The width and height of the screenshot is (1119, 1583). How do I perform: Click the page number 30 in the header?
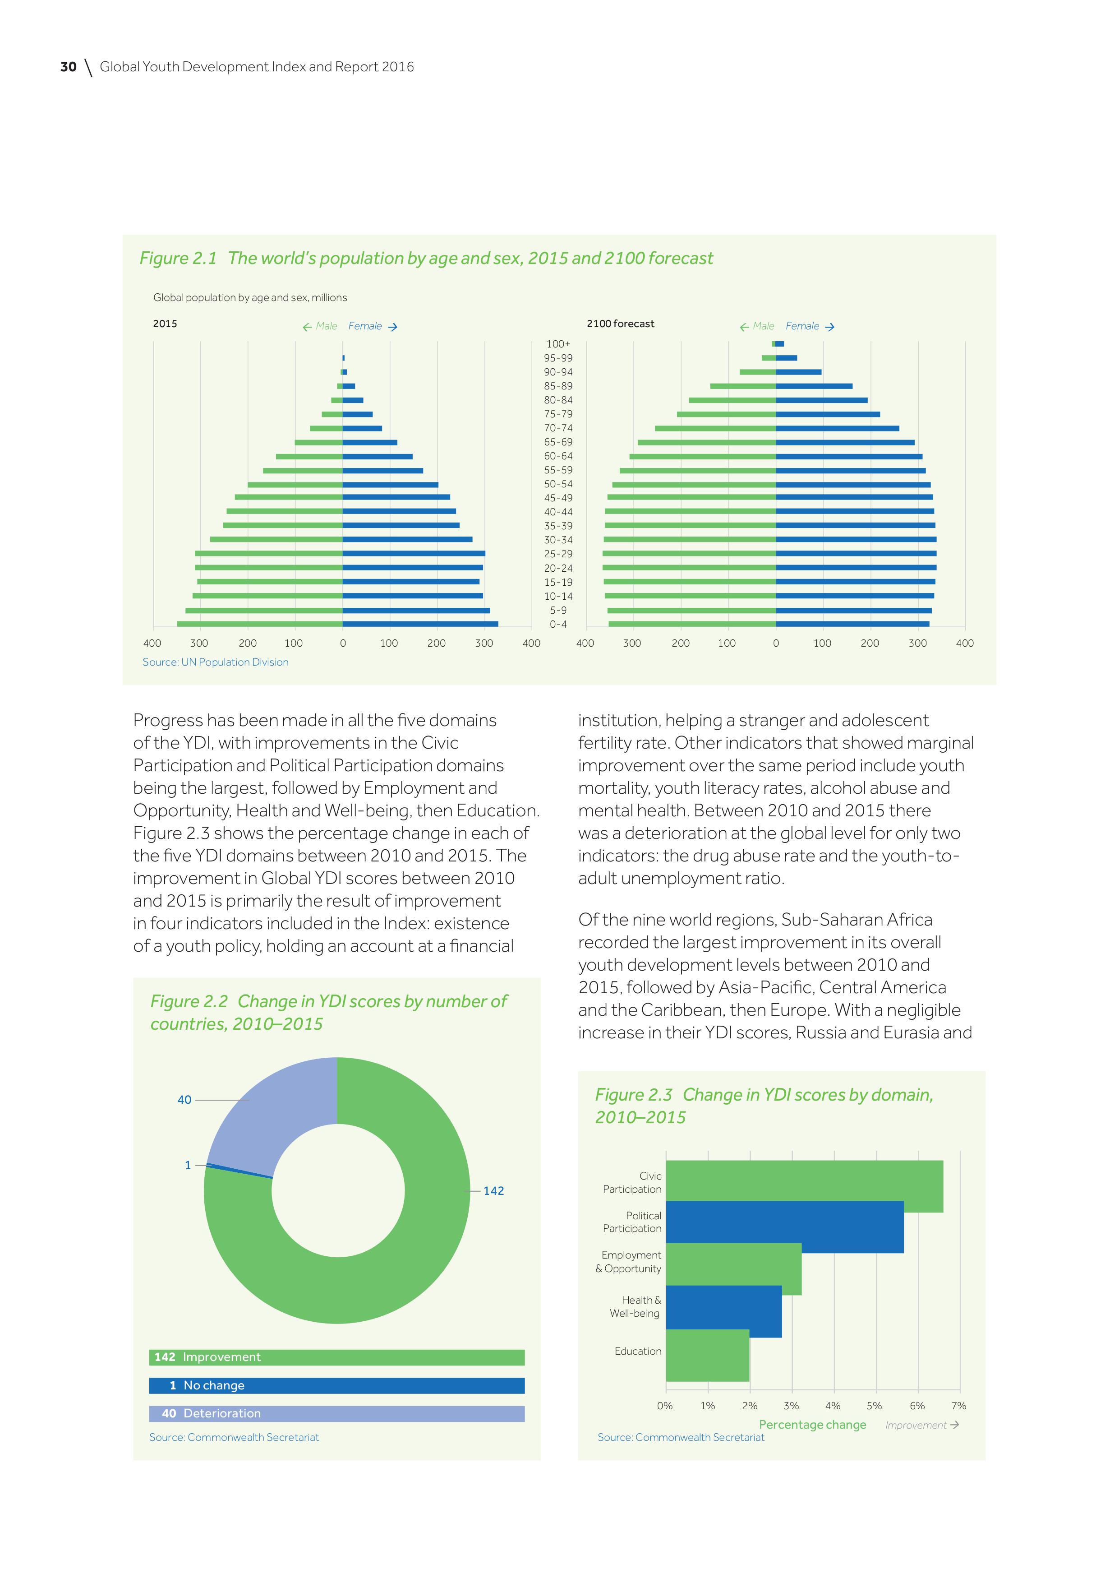[68, 67]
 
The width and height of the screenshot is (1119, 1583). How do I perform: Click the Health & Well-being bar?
[723, 1311]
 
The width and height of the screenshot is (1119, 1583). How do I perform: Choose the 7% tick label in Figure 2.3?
[958, 1405]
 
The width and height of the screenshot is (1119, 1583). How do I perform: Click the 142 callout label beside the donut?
[493, 1191]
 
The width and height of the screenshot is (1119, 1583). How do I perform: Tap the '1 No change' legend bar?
[336, 1385]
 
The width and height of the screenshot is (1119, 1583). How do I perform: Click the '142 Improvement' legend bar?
[336, 1357]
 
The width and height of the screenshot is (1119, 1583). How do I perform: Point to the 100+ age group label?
[558, 343]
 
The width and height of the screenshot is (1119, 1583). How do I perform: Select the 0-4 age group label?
[558, 625]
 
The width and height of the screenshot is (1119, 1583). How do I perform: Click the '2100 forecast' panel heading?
[620, 324]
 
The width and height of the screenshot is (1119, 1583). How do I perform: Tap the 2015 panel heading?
[165, 324]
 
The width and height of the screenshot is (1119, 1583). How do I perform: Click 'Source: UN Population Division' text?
[216, 662]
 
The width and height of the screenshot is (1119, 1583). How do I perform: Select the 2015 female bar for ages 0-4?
[420, 624]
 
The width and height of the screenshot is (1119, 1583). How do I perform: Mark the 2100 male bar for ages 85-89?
[743, 386]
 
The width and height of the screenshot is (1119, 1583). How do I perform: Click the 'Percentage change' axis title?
[812, 1425]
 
